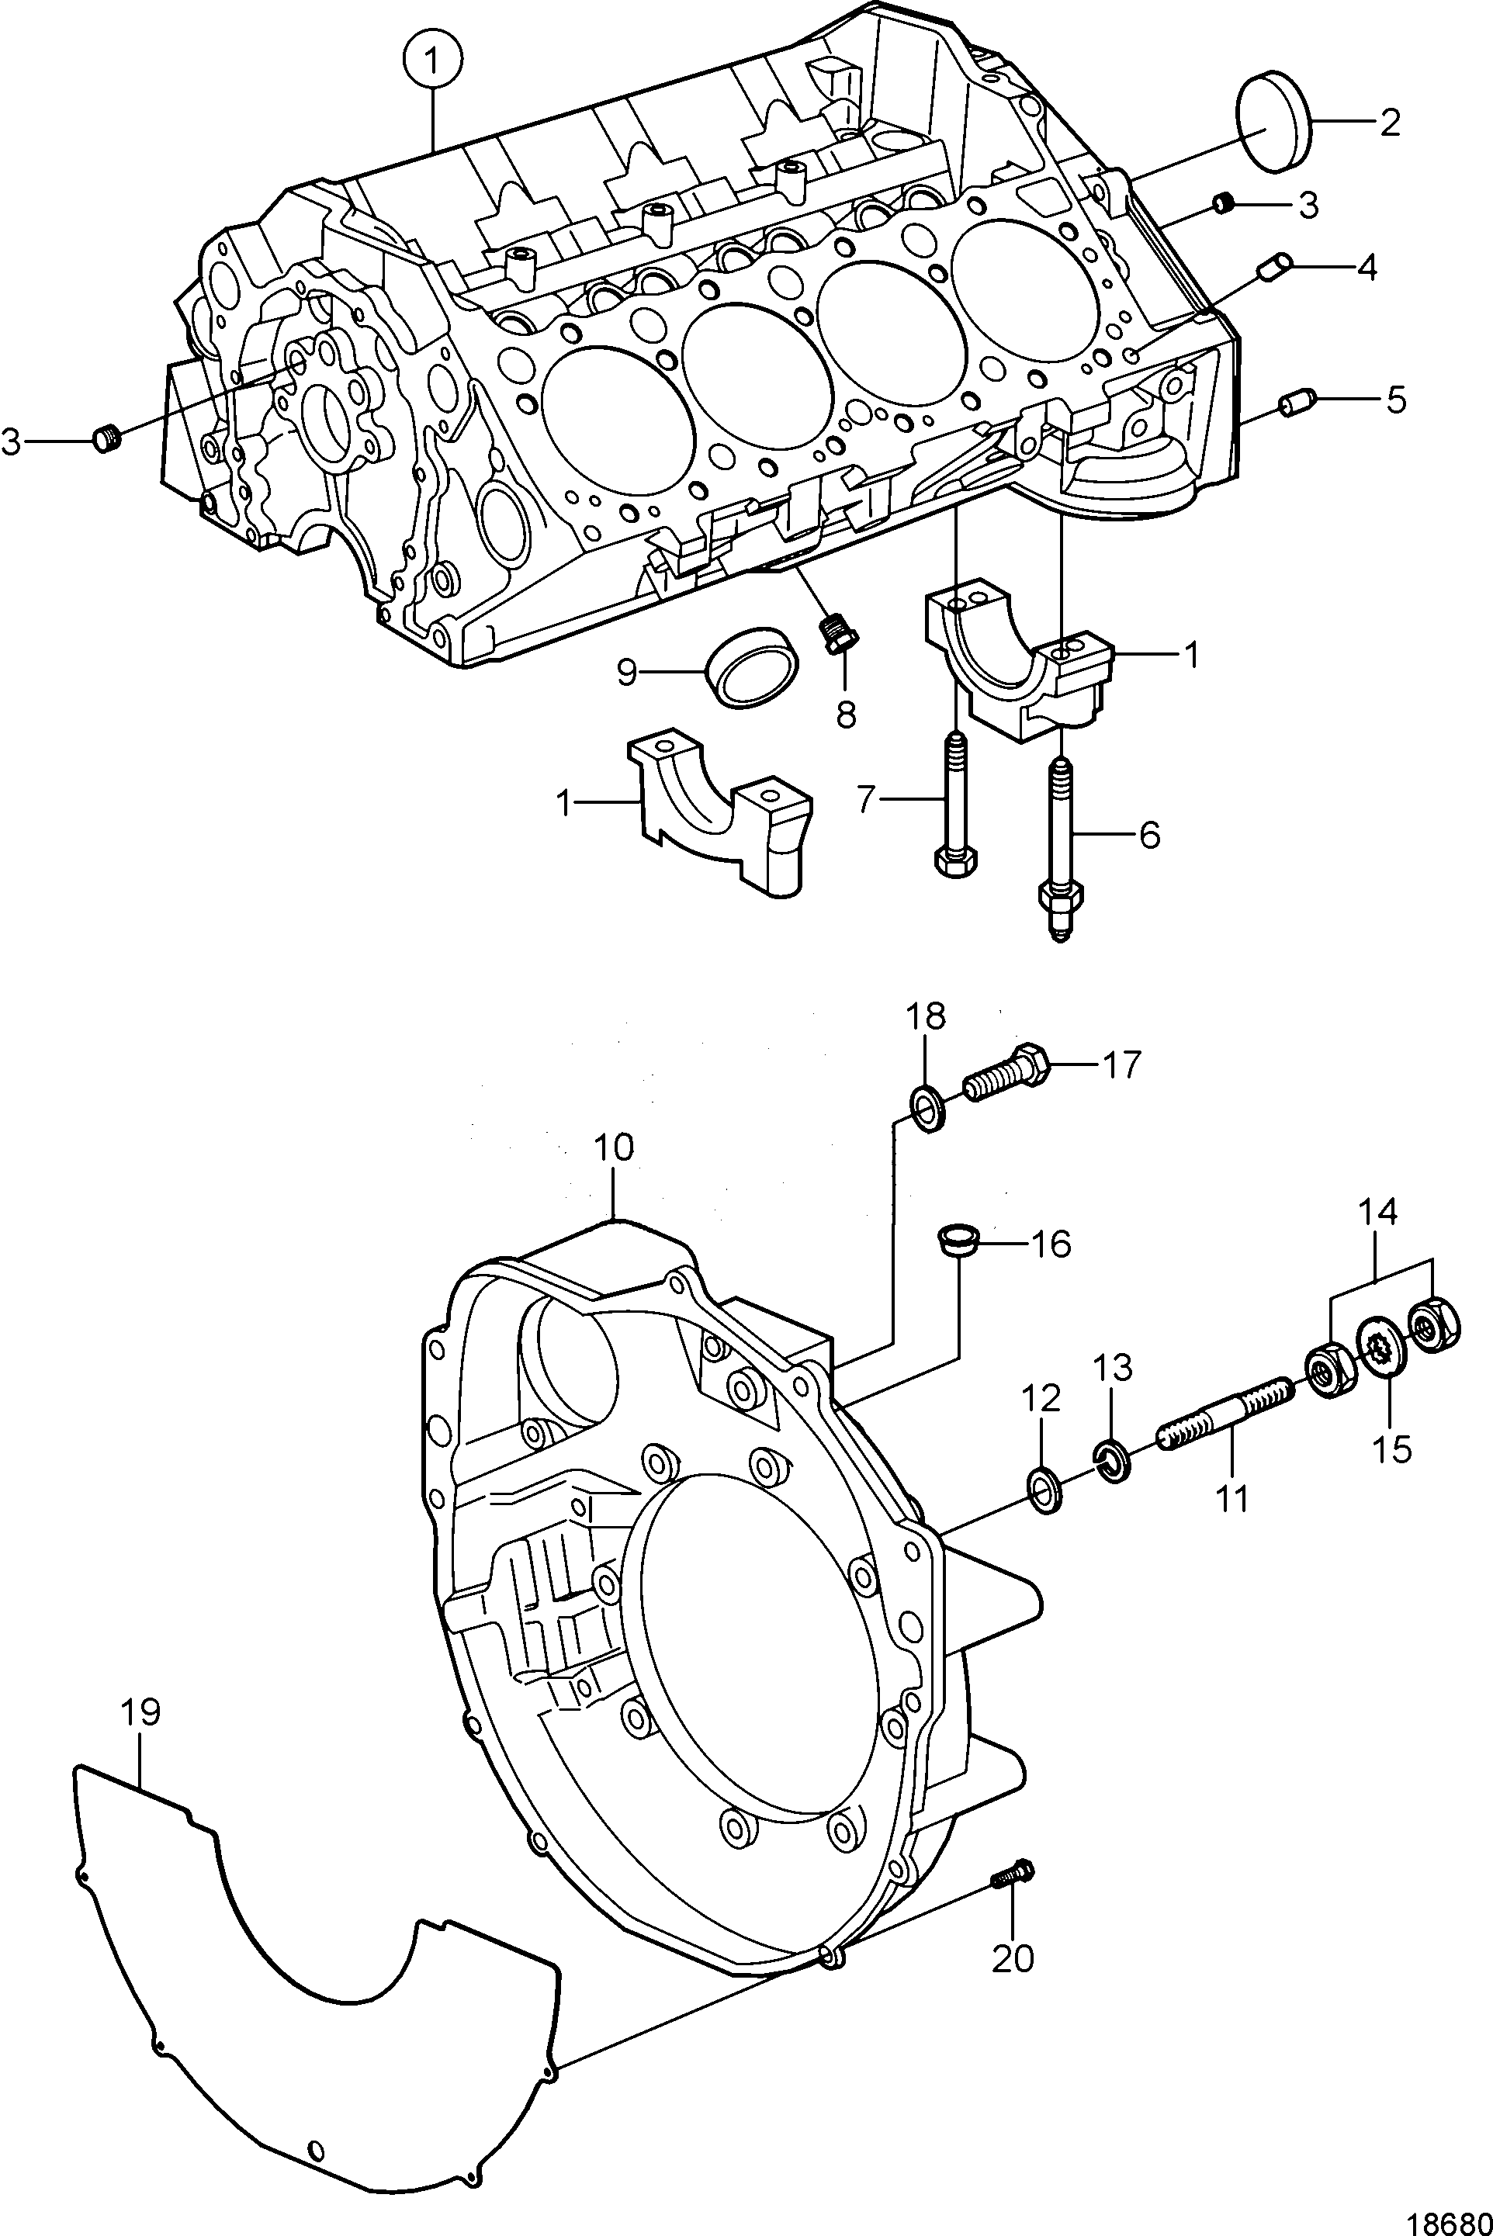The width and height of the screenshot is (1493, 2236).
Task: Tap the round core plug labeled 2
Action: [1273, 123]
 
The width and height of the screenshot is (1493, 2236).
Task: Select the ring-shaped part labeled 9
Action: [752, 666]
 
